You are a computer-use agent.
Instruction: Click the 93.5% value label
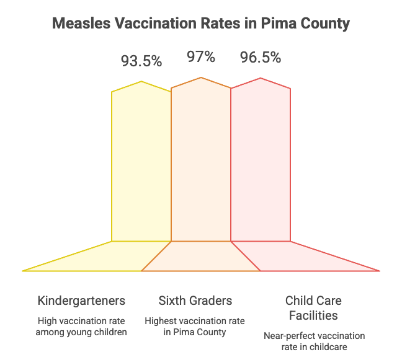141,61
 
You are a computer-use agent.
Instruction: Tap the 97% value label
201,58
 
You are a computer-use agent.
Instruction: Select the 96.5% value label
261,58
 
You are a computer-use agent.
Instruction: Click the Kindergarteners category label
81,301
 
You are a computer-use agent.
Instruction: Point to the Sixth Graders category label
195,301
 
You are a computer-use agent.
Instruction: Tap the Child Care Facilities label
313,308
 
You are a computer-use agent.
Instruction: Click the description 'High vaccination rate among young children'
81,327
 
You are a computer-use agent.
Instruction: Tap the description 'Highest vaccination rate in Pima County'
195,327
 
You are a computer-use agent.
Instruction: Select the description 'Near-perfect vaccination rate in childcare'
313,341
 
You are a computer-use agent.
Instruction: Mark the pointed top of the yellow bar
141,81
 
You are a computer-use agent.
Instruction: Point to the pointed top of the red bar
261,78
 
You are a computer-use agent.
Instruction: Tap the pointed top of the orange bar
201,78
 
